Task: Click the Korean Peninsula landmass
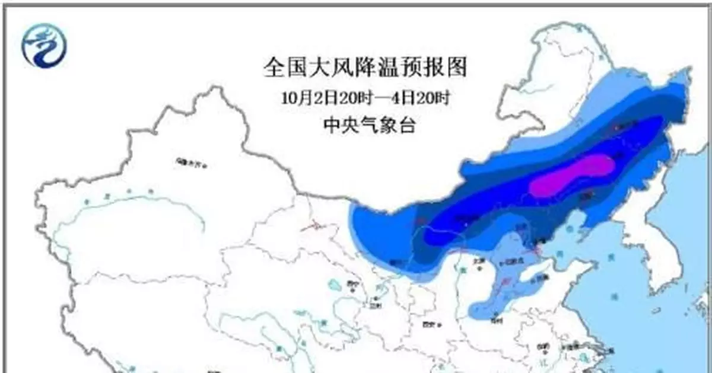(x=641, y=249)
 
